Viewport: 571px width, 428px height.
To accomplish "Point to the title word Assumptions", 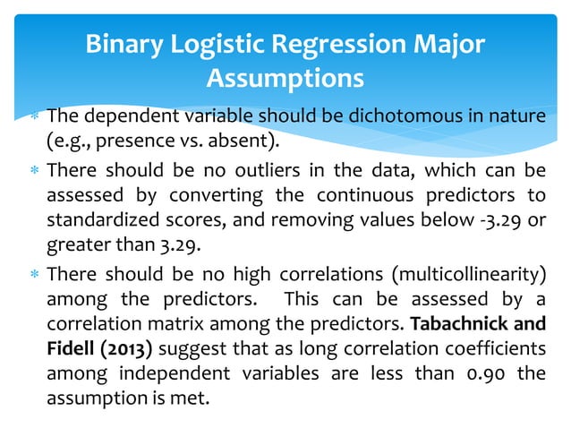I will pos(285,79).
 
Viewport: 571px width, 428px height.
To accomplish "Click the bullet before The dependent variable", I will pos(32,118).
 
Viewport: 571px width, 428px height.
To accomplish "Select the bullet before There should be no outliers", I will pos(32,171).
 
